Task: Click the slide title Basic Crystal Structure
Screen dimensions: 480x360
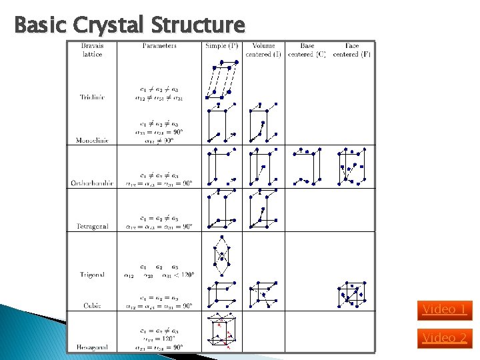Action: (x=129, y=25)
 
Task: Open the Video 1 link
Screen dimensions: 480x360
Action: (x=444, y=309)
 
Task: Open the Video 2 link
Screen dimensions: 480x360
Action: (x=444, y=338)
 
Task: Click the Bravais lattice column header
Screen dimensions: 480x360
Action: (x=92, y=50)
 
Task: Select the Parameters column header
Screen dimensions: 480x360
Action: (x=159, y=46)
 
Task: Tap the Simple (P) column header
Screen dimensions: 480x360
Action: (x=222, y=46)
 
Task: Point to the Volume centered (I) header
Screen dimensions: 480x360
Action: (x=263, y=50)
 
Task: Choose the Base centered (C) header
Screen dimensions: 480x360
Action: (x=307, y=50)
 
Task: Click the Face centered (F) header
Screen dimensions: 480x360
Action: (x=352, y=50)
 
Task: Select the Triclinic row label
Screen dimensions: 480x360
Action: (x=92, y=97)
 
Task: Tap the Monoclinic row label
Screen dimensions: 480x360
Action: (x=92, y=141)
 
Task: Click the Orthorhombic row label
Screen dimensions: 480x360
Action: (x=92, y=183)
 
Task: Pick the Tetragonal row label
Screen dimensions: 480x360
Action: (x=92, y=227)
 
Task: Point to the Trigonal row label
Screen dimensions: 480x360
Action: (x=92, y=275)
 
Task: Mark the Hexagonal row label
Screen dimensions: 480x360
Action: (x=92, y=347)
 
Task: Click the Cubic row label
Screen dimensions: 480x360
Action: (x=92, y=305)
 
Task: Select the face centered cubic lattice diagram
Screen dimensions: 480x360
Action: (x=351, y=294)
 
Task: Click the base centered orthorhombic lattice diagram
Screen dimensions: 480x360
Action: (x=307, y=166)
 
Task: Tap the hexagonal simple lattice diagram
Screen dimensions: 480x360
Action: (x=221, y=331)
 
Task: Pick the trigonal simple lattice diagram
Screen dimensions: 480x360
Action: (x=221, y=255)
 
